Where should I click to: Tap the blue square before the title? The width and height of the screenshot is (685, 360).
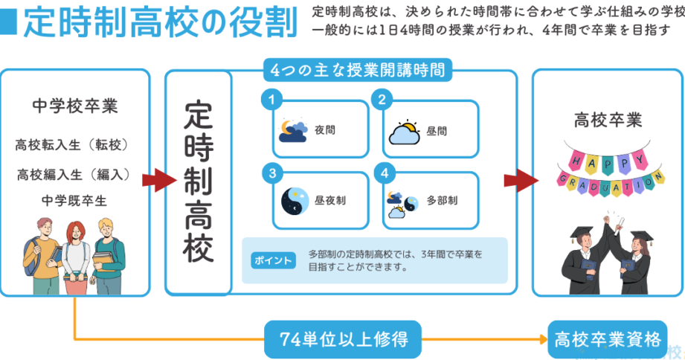(x=8, y=25)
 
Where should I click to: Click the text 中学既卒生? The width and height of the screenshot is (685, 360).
(x=75, y=200)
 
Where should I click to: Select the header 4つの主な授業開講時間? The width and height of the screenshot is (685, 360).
(x=358, y=71)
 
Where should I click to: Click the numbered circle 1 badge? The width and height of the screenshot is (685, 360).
(x=273, y=100)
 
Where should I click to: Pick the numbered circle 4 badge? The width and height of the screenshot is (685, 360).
(x=384, y=173)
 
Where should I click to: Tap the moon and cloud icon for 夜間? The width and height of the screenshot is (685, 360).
(x=292, y=130)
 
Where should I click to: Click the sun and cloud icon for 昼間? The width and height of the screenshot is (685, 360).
(x=405, y=132)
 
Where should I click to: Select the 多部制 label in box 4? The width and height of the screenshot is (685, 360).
(x=442, y=201)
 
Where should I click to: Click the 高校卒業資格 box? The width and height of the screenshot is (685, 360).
(x=607, y=340)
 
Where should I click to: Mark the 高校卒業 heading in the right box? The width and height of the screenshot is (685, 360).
(x=608, y=120)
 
